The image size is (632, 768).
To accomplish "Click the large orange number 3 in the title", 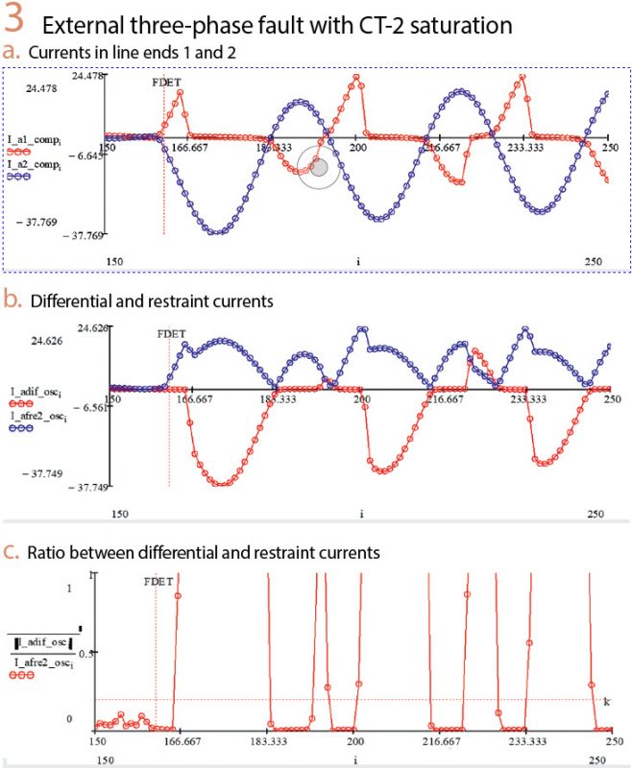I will tap(18, 21).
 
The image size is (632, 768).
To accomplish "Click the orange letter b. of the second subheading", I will tap(12, 300).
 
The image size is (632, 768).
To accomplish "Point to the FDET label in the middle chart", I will tap(170, 335).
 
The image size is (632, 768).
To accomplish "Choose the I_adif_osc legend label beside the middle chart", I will tap(39, 391).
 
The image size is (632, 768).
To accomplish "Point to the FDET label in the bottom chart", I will tap(158, 582).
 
